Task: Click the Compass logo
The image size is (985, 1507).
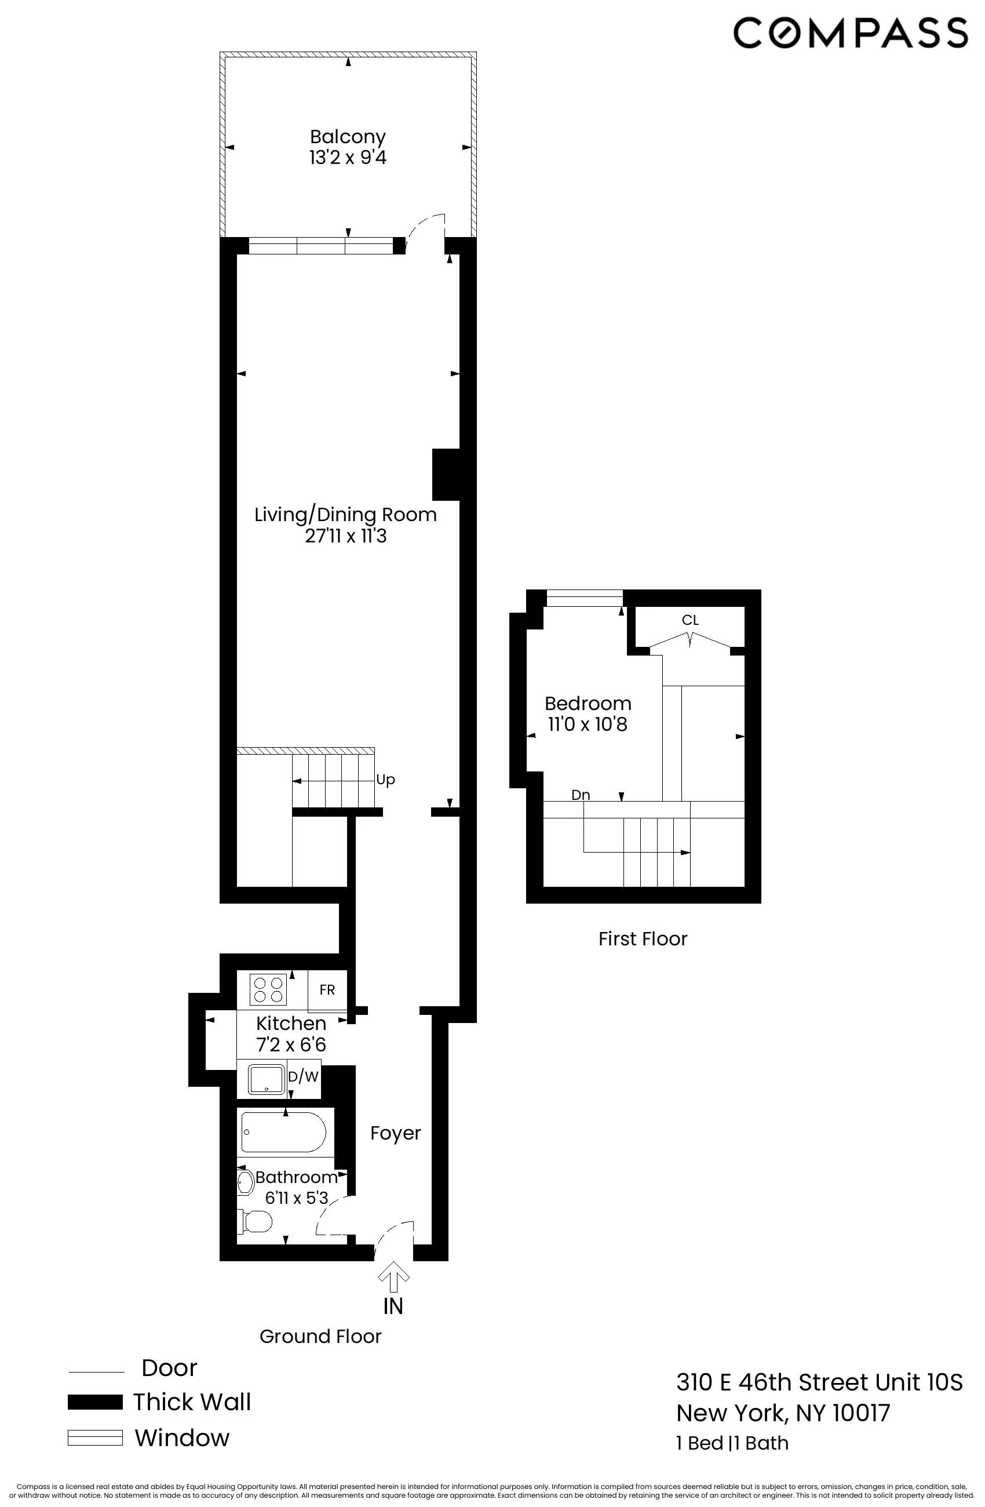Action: click(850, 33)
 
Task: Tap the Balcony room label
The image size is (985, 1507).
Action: click(348, 137)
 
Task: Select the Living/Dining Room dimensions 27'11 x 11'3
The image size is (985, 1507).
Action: click(346, 536)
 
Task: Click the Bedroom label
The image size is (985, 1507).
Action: click(588, 704)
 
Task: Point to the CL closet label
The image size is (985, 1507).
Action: click(690, 620)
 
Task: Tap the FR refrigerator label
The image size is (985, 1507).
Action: click(327, 989)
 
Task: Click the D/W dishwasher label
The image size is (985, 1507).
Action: click(303, 1076)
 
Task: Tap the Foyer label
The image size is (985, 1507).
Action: click(395, 1133)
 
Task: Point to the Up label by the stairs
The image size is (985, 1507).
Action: click(385, 780)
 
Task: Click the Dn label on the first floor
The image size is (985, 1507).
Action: click(581, 795)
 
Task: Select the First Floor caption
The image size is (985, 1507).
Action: click(643, 938)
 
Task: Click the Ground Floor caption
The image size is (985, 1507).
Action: click(320, 1336)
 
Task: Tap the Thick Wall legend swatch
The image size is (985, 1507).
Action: click(95, 1403)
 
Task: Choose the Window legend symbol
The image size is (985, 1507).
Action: click(95, 1438)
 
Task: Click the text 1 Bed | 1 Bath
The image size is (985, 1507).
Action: click(732, 1443)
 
